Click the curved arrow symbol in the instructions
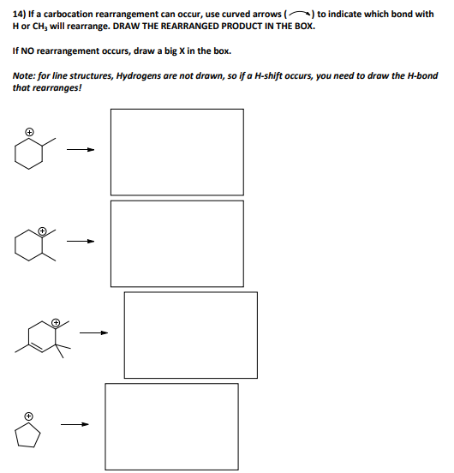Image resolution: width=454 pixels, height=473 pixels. click(x=302, y=14)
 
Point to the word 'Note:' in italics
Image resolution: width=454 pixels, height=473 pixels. click(x=25, y=75)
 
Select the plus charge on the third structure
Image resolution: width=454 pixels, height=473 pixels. click(x=56, y=323)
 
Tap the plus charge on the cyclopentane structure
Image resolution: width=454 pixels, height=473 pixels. click(x=27, y=416)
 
